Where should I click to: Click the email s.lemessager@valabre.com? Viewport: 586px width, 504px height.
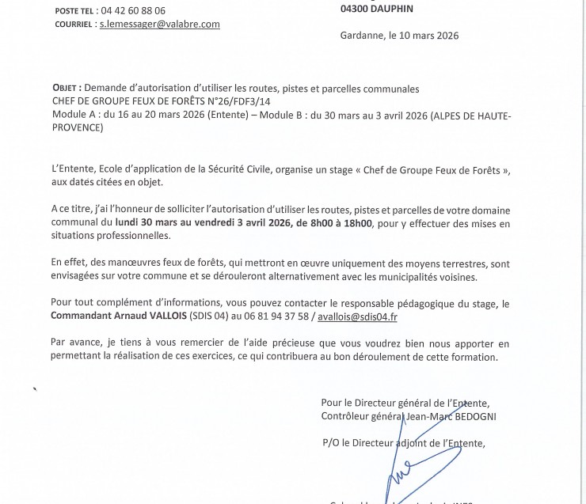click(x=159, y=25)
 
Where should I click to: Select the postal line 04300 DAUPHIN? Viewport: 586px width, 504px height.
click(x=376, y=9)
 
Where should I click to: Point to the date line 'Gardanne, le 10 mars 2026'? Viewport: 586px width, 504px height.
click(x=399, y=36)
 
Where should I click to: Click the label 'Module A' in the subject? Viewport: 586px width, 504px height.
click(x=72, y=116)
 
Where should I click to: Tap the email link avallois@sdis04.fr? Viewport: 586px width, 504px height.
click(x=357, y=316)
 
